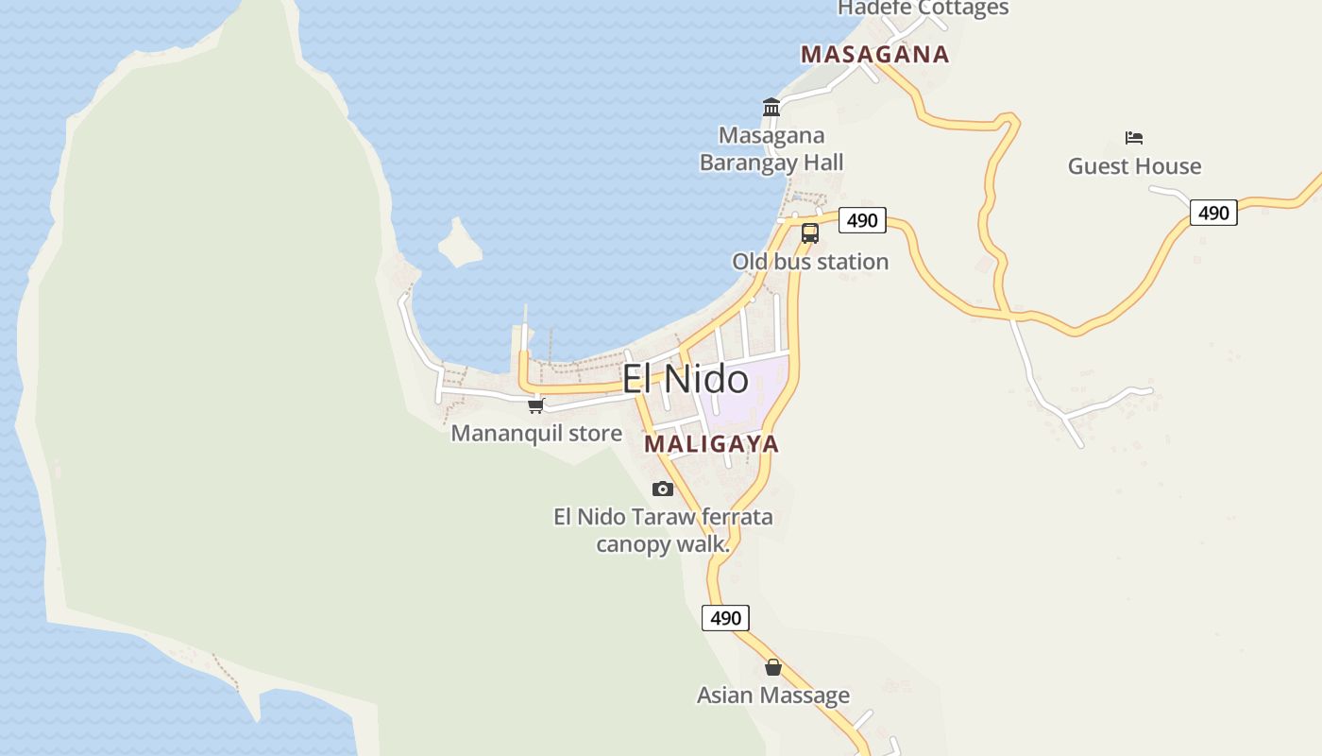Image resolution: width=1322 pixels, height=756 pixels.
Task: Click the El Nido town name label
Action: coord(686,379)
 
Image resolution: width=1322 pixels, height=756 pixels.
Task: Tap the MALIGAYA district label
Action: coord(711,444)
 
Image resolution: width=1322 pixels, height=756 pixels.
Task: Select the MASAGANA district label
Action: coord(874,55)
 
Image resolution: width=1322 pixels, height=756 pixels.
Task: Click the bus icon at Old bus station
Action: coord(809,232)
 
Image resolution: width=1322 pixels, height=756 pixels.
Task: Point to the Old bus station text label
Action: coord(810,262)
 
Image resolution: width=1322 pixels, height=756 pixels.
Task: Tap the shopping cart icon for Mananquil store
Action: coord(536,405)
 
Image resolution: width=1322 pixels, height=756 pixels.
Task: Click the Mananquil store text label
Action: coord(536,434)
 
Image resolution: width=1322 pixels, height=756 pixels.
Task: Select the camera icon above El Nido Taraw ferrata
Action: coord(663,489)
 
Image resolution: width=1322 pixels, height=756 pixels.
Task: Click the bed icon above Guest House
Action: coord(1134,138)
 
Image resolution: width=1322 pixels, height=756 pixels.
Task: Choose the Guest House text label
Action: coord(1134,166)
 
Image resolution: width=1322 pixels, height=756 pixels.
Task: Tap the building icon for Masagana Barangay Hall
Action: coord(771,107)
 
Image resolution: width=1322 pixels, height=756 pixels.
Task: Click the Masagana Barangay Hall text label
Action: coord(771,149)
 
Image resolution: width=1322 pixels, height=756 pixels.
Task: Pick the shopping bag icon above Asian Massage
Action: coord(773,667)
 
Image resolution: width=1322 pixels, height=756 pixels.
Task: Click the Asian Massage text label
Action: coord(773,696)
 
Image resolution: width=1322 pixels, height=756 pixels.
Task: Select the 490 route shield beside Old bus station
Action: coord(862,220)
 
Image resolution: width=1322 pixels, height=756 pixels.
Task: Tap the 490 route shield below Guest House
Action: coord(1213,213)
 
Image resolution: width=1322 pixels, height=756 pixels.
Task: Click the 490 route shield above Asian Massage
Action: coord(725,618)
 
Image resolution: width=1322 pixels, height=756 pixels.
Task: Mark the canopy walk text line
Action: coord(663,544)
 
